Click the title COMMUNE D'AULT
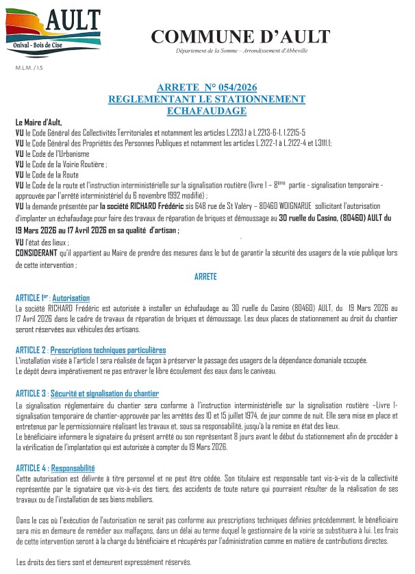point(240,37)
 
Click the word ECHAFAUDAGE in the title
point(206,110)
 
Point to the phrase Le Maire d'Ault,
point(39,122)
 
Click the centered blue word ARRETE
point(206,277)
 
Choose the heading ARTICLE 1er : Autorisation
point(53,299)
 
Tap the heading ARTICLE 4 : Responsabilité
point(55,468)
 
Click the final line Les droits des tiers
point(103,562)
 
